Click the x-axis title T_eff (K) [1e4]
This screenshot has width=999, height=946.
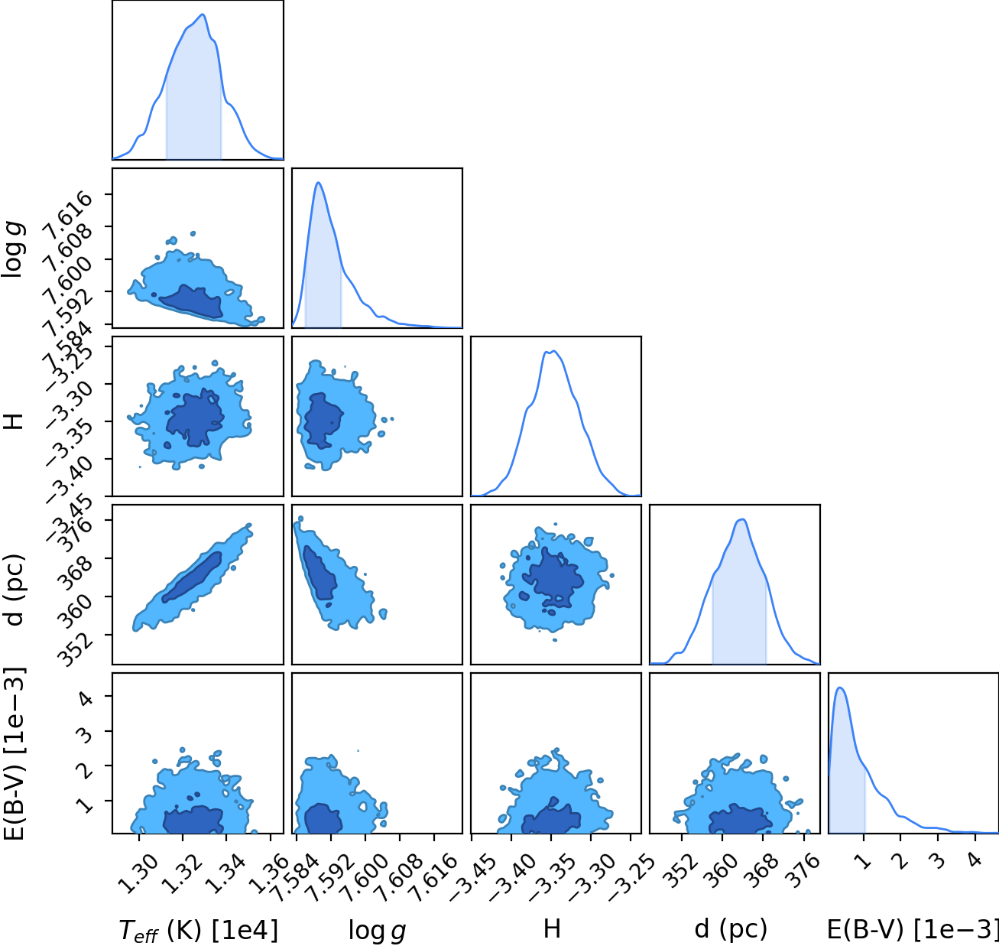tap(198, 930)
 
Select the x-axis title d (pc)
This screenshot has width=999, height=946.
tap(731, 928)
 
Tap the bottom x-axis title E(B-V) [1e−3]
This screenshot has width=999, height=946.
tap(913, 929)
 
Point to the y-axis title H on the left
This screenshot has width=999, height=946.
tap(14, 421)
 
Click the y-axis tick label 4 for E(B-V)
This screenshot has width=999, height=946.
tap(86, 697)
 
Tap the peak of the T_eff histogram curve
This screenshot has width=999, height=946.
tap(203, 15)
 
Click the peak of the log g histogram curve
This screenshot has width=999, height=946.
tap(319, 183)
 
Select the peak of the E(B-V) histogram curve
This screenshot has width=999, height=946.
tap(840, 688)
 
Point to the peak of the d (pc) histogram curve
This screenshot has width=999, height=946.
tap(742, 519)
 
